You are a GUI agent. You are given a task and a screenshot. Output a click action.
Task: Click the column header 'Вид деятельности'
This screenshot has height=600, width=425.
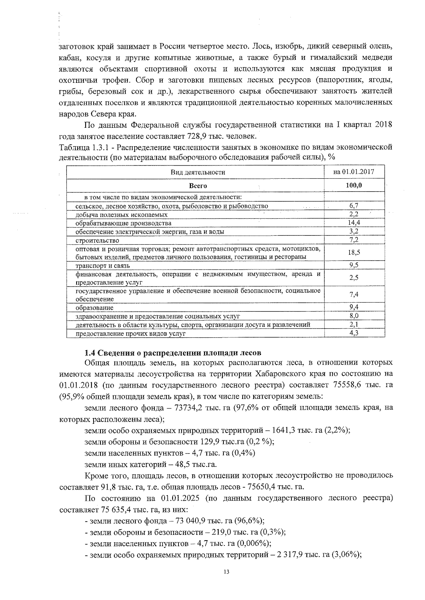(x=198, y=172)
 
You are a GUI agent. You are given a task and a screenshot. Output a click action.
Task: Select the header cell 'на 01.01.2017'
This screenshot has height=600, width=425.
(x=353, y=172)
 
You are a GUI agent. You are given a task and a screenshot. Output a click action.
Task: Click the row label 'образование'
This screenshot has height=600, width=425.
(x=94, y=308)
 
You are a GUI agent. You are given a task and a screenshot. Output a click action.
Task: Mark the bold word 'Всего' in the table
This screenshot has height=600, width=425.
(x=198, y=185)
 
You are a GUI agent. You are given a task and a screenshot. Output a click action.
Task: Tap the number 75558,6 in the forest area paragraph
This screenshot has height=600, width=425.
(x=347, y=385)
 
